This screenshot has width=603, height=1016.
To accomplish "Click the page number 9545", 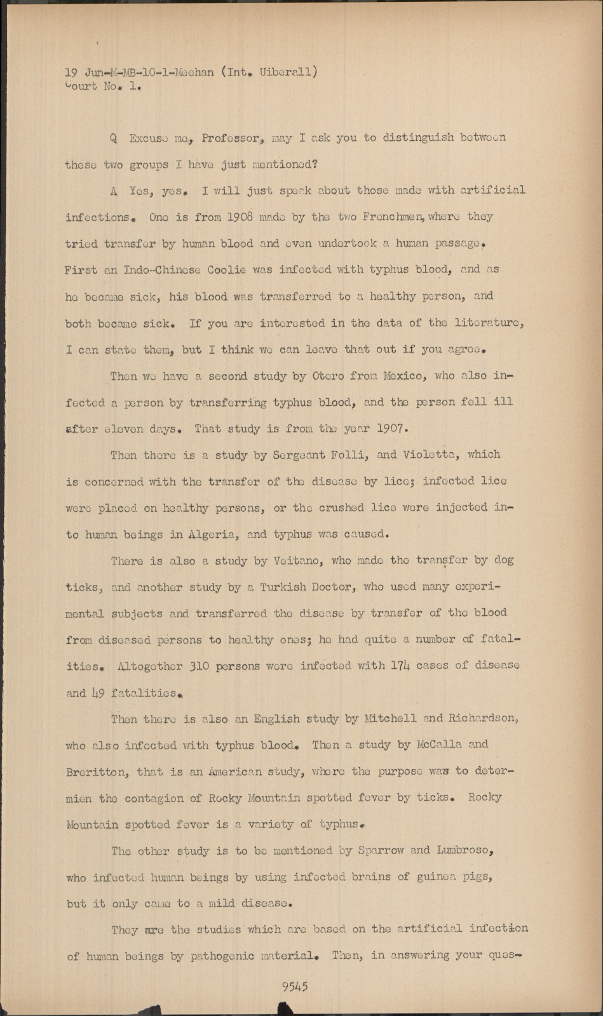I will [x=295, y=986].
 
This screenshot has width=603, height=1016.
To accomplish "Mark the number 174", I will [x=400, y=665].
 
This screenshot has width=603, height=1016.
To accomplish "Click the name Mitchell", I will [x=389, y=719].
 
